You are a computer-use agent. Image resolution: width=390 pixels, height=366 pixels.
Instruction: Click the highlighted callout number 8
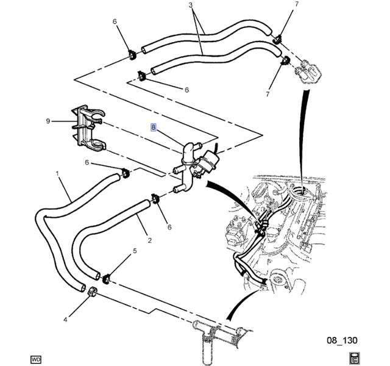point(153,127)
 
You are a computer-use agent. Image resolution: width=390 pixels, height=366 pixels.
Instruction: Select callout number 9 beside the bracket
point(48,121)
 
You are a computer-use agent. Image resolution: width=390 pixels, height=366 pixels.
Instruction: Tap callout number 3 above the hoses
point(191,5)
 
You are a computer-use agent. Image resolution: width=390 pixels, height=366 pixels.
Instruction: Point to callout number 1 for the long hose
point(57,173)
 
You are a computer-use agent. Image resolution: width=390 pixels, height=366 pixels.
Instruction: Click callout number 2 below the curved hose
point(150,240)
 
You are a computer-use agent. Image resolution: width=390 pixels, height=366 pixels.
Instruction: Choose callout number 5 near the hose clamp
point(135,251)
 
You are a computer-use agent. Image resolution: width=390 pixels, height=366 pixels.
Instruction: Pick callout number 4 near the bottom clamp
point(65,320)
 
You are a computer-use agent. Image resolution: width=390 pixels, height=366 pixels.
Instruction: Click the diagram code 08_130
point(342,340)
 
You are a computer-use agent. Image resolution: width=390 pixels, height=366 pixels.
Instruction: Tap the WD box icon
point(36,359)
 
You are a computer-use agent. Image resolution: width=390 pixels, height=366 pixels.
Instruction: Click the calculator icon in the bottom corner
point(354,358)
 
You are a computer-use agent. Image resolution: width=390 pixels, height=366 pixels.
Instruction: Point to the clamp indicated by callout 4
point(93,292)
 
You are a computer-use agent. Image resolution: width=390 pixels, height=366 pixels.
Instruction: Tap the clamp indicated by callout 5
point(107,279)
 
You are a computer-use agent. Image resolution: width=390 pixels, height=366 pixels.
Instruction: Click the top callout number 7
point(297,4)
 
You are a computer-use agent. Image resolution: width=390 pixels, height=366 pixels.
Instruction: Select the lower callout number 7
point(268,94)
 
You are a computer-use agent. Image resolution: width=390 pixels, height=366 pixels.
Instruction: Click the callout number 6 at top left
point(115,21)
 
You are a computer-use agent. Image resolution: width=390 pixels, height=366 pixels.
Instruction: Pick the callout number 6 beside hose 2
point(169,227)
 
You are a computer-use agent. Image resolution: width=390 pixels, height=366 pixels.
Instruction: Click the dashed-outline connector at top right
point(308,71)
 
